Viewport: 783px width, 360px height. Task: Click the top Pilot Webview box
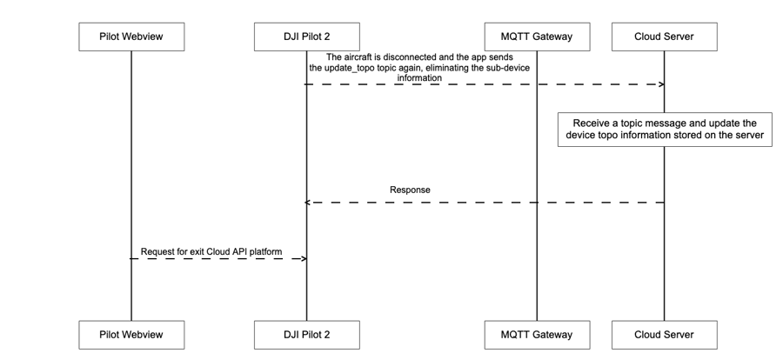coord(131,37)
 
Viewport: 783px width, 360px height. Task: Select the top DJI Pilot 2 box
coord(306,37)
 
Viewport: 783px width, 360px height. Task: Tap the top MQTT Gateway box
coord(537,37)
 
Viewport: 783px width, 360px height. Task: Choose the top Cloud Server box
coord(664,37)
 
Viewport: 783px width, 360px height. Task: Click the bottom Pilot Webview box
coord(131,335)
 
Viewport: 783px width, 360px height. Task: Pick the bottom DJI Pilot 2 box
coord(306,335)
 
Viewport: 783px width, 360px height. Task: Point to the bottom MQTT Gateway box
coord(537,335)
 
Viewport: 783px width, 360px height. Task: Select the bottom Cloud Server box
coord(664,335)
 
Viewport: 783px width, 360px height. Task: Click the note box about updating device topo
coord(664,130)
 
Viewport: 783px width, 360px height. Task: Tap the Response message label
coord(410,189)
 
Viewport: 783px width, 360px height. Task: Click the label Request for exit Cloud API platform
coord(211,251)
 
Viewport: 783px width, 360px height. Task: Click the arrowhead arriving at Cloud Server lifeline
coord(661,84)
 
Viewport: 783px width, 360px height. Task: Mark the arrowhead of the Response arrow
coord(308,203)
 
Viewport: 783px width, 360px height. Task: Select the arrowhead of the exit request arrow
coord(303,259)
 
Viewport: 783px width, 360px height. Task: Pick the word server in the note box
coord(746,136)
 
